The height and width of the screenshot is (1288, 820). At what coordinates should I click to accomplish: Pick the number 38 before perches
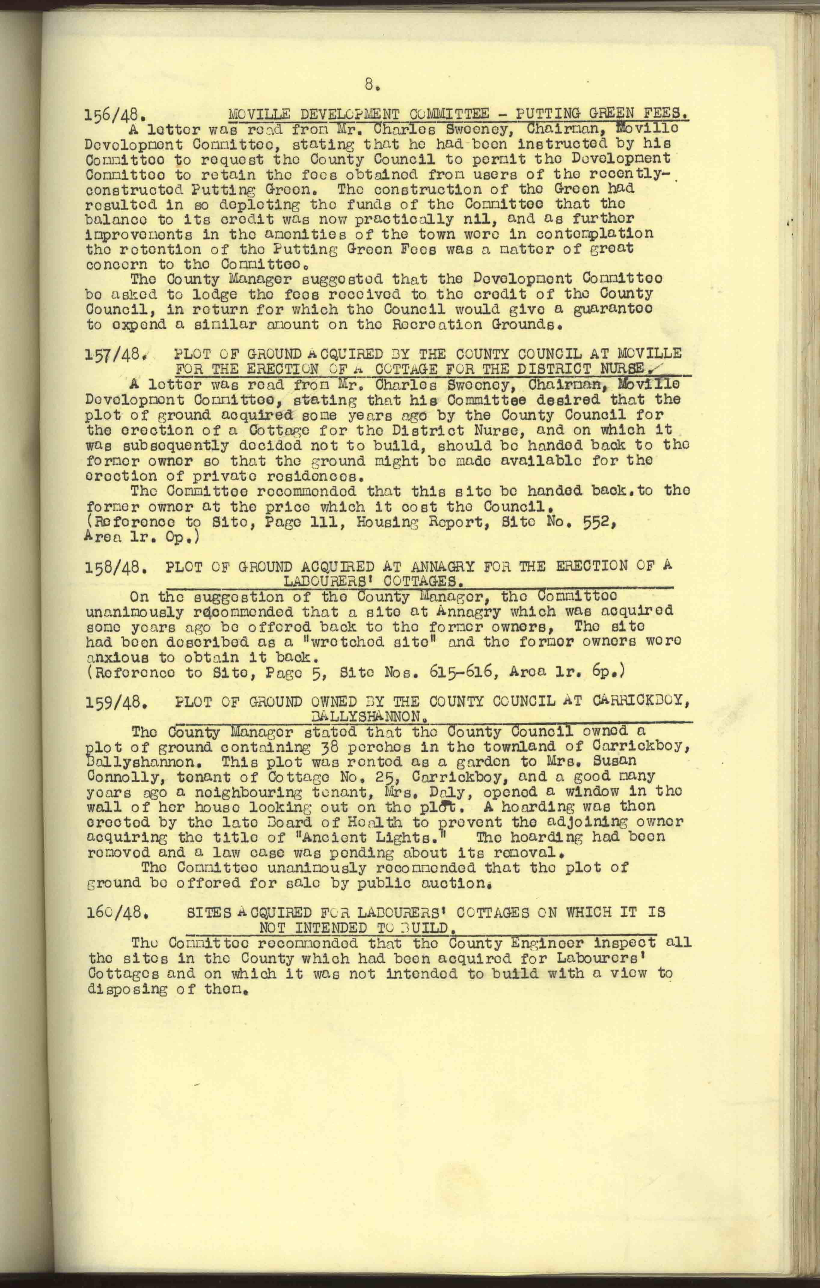point(300,746)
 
